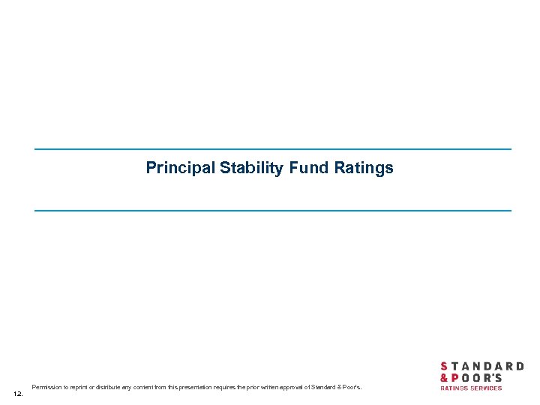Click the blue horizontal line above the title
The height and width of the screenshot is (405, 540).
pos(272,149)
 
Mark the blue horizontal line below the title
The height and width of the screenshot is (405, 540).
pos(272,210)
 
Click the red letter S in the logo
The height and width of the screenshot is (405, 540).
pos(444,367)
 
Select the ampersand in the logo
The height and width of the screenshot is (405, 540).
pos(444,378)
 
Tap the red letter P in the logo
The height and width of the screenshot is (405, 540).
pos(455,378)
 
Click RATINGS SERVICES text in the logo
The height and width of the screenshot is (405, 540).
pos(470,388)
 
